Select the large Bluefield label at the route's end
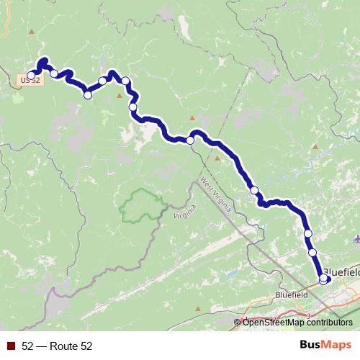click(x=341, y=272)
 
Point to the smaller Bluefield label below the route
click(x=292, y=294)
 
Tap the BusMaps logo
click(x=325, y=346)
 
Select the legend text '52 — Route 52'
click(x=57, y=346)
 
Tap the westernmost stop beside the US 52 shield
click(x=31, y=75)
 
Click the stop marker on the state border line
click(x=191, y=140)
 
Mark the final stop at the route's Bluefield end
click(x=323, y=278)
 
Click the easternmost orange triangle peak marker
click(x=315, y=146)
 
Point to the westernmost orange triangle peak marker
click(x=120, y=94)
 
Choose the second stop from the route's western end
click(x=54, y=73)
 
